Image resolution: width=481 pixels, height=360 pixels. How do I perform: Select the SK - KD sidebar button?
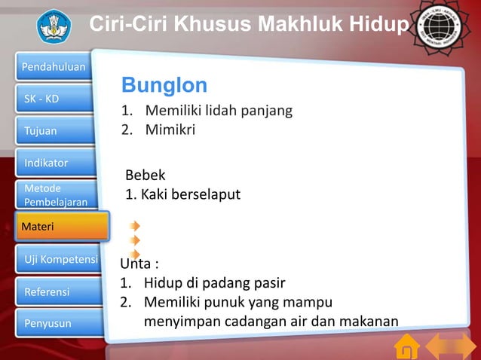[x=54, y=99]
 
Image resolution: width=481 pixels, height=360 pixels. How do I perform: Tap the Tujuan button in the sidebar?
[x=54, y=131]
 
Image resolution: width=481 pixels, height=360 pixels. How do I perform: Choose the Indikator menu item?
[x=54, y=163]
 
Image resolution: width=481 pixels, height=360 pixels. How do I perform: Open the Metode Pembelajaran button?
[x=54, y=195]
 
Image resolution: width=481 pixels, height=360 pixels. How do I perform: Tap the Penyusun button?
[x=54, y=324]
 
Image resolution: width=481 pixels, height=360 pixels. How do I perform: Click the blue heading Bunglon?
[x=164, y=84]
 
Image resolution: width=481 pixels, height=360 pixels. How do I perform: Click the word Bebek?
[x=145, y=175]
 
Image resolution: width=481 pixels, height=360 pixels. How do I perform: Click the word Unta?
[x=137, y=264]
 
